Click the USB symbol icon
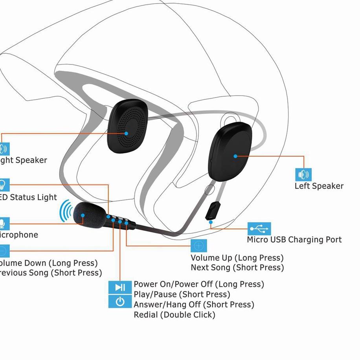coord(259,228)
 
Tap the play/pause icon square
coord(120,288)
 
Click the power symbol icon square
coord(120,301)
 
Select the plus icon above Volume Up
coord(198,245)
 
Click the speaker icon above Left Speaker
coord(303,174)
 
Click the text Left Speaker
coord(319,186)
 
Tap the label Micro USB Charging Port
coord(294,239)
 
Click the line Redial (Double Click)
coord(174,314)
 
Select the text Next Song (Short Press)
coord(237,268)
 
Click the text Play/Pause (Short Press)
coord(182,294)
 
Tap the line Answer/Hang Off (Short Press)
coord(193,304)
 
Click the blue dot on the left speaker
coord(235,156)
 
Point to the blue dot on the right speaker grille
coord(127,133)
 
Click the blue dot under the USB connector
coord(211,222)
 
